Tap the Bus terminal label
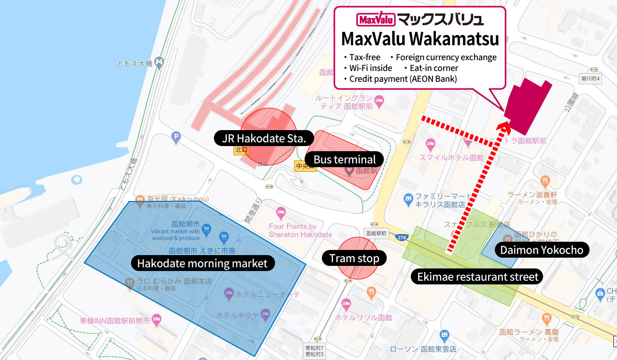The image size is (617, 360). [x=344, y=159]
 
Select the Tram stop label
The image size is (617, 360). [x=354, y=258]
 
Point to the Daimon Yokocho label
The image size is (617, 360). [x=539, y=250]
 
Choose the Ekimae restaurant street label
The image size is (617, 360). [x=478, y=277]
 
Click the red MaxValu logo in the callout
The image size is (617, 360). [x=375, y=20]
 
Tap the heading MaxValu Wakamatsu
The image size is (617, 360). [x=420, y=39]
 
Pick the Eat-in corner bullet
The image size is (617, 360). [x=430, y=68]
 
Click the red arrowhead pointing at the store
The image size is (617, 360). [x=505, y=124]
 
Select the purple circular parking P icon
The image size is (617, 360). [x=176, y=137]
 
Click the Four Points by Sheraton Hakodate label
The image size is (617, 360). [x=300, y=230]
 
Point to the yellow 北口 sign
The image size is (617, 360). [x=241, y=150]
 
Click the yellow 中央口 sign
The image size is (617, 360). [x=305, y=166]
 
